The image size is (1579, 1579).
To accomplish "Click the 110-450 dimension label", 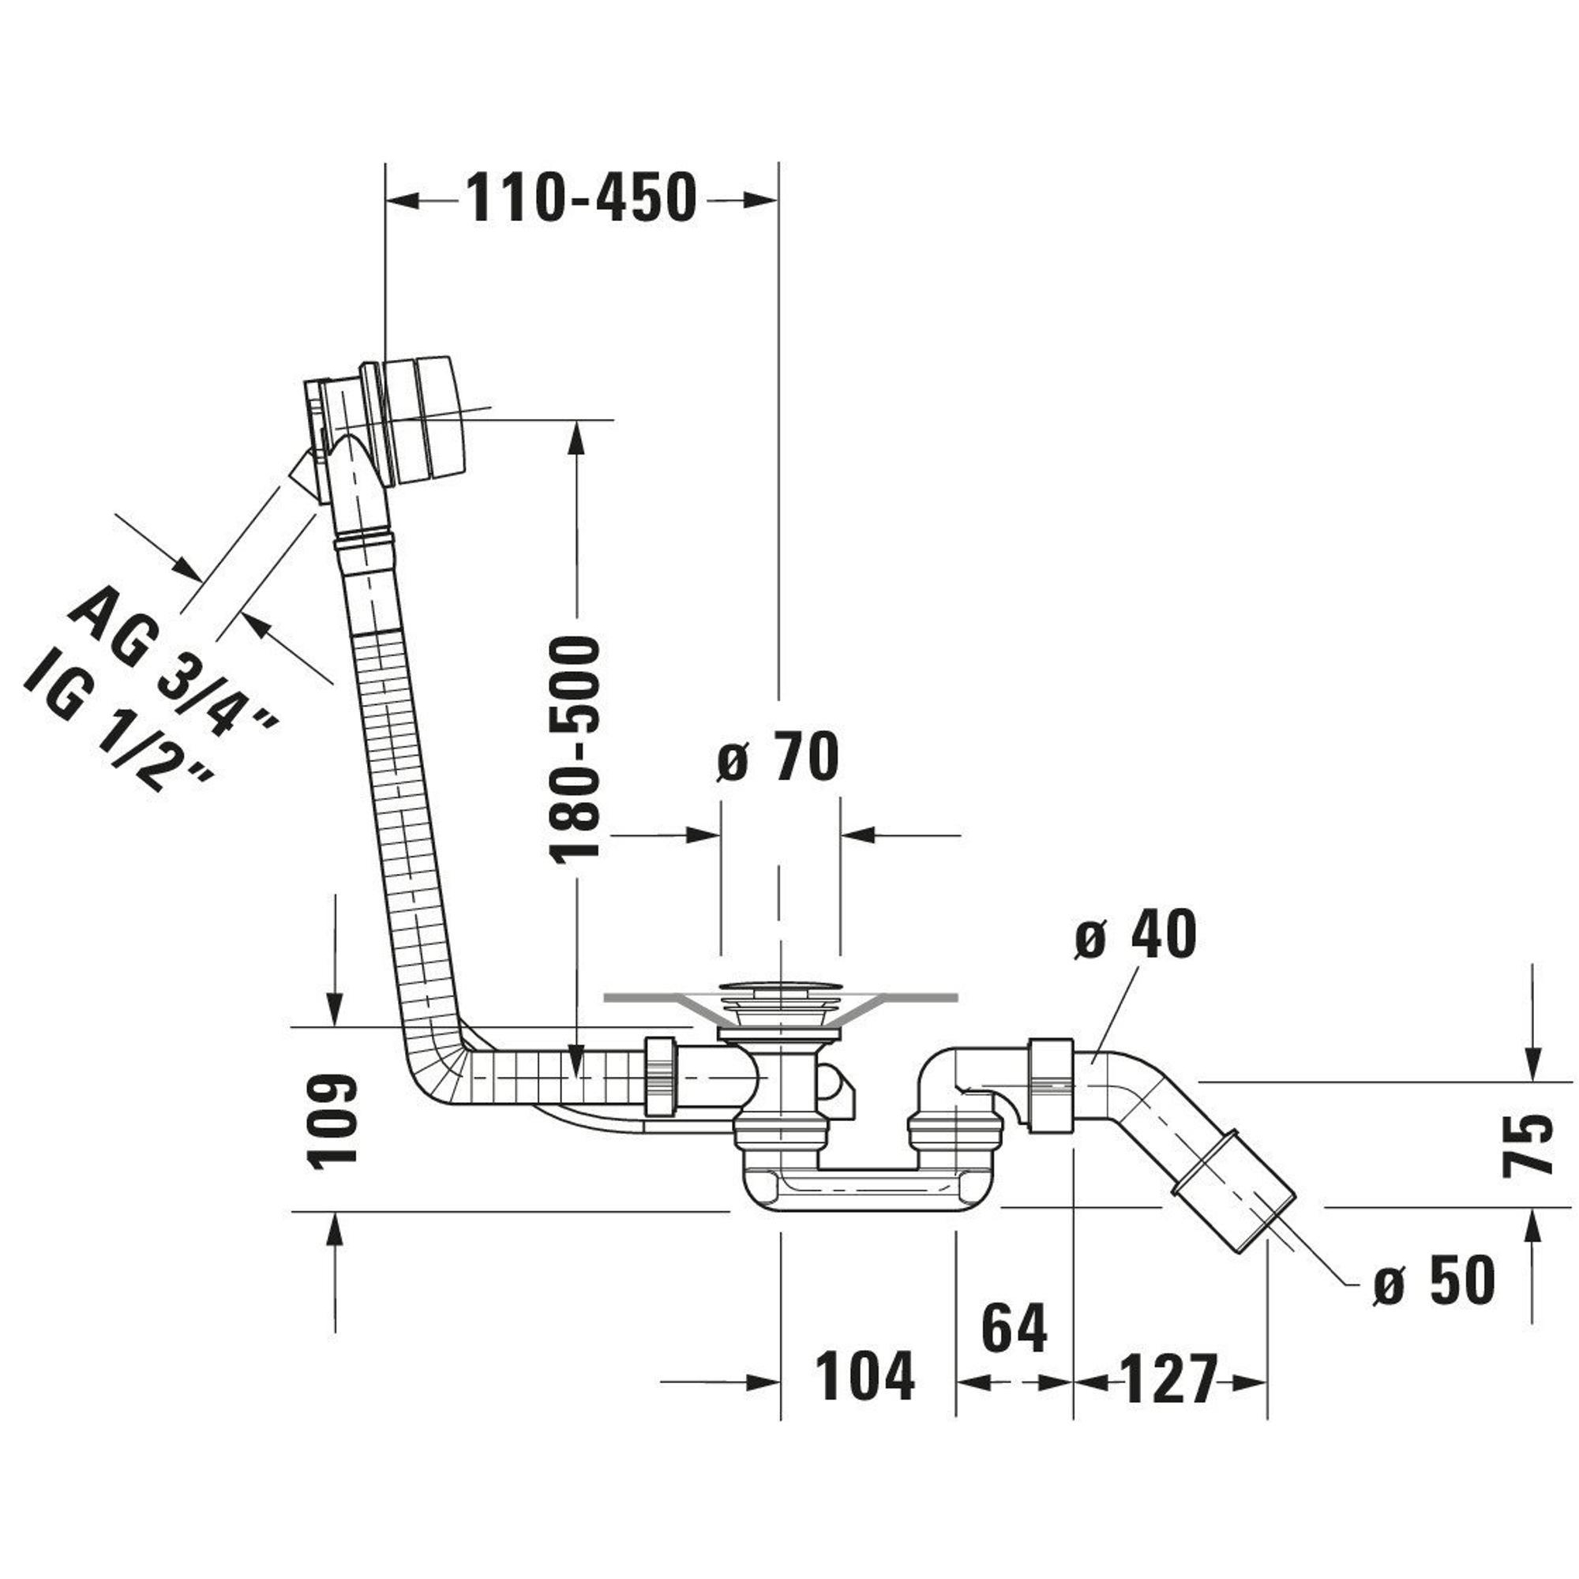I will click(x=581, y=199).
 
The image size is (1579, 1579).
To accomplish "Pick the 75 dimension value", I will click(x=1527, y=1144).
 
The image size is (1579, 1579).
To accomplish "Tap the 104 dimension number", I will click(x=865, y=1375).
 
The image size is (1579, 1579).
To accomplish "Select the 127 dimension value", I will click(x=1168, y=1379).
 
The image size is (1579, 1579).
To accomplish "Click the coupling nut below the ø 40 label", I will click(x=1051, y=1085).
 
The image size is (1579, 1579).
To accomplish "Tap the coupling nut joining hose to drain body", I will click(x=660, y=1076).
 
